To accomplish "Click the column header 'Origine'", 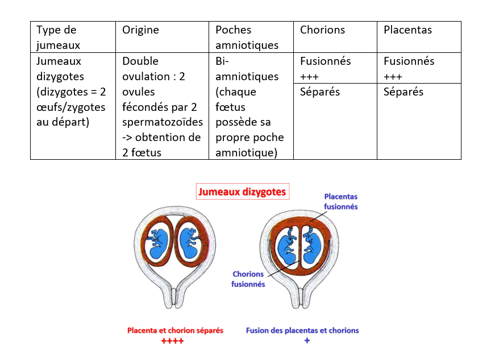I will pos(140,30).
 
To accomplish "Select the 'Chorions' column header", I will pos(322,30).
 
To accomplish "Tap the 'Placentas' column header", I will pos(407,30).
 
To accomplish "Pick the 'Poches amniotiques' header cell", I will pos(247,37).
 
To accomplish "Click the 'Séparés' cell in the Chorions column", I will pos(320,92).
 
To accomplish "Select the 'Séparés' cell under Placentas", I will pos(404,92).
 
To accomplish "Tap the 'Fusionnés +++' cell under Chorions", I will pos(325,68).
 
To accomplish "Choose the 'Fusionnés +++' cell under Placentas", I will pos(409,68).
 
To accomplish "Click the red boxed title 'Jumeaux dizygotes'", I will pos(242,192).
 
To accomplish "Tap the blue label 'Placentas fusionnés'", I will pos(340,202).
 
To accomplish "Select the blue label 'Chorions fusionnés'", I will pos(248,279).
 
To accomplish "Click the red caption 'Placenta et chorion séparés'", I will pos(175,330).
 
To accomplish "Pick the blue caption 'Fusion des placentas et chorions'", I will pos(302,330).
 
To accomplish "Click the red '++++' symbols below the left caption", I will pos(172,341).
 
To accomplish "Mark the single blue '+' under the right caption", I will pos(307,340).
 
